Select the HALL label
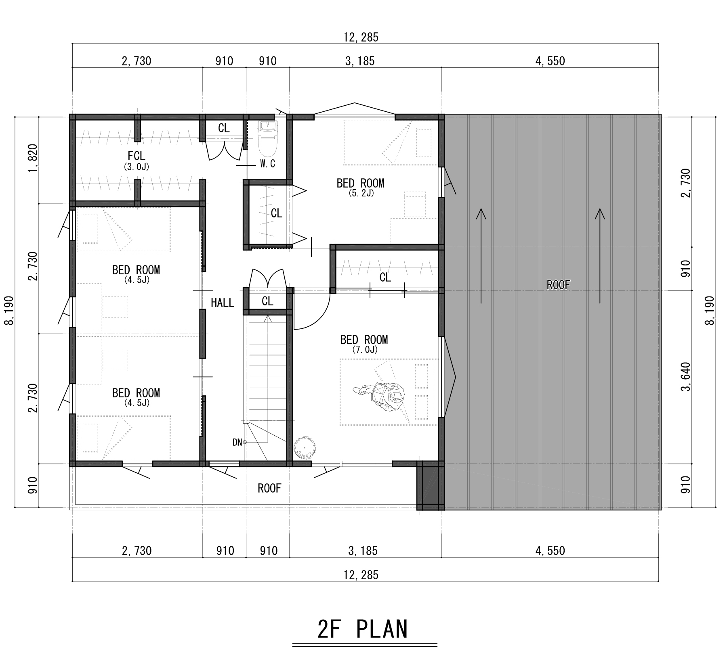point(223,303)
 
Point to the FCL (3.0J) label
point(136,160)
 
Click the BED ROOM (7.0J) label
point(364,344)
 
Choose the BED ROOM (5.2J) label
point(361,187)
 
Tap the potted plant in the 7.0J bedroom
point(305,448)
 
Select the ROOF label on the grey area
point(558,285)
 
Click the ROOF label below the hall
point(269,489)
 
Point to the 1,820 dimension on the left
point(33,158)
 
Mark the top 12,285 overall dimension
point(361,38)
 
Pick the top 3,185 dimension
point(360,61)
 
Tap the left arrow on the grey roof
point(481,255)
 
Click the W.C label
point(267,164)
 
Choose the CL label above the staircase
point(268,301)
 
